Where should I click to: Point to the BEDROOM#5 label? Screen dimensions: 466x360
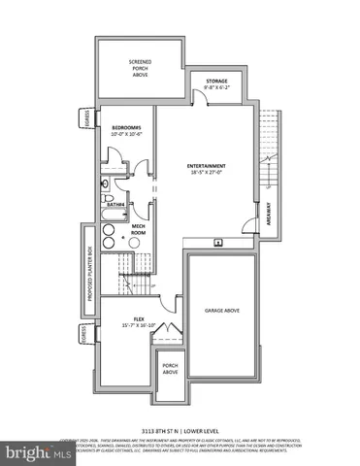126,128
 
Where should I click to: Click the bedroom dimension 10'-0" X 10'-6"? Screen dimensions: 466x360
126,135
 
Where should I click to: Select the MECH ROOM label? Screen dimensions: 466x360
138,230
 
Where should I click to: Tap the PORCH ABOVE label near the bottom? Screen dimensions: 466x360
170,369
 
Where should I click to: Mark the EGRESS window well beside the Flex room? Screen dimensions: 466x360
85,336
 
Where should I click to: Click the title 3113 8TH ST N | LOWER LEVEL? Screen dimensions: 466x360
180,428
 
